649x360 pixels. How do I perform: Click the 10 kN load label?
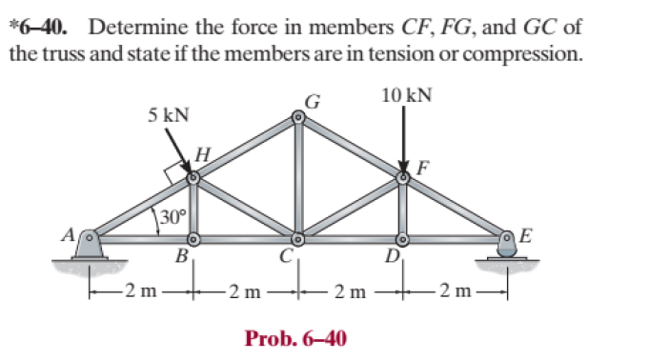pos(405,95)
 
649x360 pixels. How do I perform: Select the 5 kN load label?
pos(168,115)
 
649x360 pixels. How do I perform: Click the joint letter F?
pos(422,168)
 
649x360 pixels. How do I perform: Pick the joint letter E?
pos(527,234)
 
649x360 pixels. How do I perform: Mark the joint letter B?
pos(180,256)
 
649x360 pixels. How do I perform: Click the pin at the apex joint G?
pos(298,118)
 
